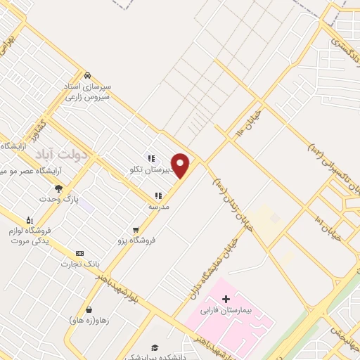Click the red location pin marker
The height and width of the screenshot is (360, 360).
[x=181, y=165]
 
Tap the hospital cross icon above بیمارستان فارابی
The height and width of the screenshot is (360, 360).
[x=226, y=300]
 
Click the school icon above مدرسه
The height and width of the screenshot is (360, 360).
[x=157, y=195]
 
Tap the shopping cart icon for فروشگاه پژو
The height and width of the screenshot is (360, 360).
[x=136, y=229]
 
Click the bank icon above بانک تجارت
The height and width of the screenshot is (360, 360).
[x=79, y=253]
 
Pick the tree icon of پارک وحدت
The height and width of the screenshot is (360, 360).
[x=58, y=188]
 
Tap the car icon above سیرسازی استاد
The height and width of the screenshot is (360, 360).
[x=87, y=75]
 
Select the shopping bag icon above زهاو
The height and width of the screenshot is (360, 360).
[x=89, y=309]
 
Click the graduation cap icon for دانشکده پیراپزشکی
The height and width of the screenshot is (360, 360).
[x=154, y=347]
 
